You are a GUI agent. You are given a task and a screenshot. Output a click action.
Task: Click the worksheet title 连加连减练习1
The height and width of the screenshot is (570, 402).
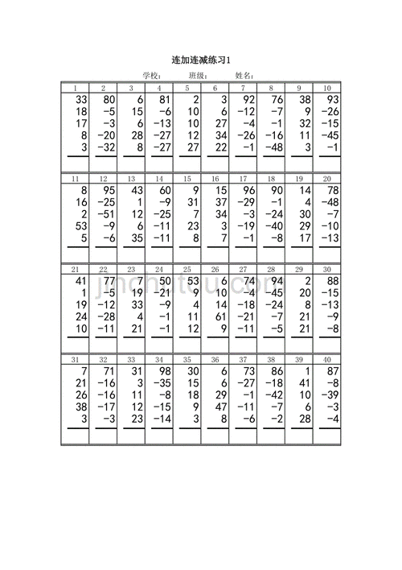coord(201,60)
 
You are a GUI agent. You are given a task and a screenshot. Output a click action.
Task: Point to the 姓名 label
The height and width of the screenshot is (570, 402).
coord(244,76)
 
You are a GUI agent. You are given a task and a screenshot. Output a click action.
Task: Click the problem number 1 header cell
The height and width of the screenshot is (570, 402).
coord(75,88)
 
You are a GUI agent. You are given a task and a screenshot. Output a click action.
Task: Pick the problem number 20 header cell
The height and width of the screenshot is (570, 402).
coord(327,179)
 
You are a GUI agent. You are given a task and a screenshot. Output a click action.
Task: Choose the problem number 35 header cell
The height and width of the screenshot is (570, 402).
coord(187,360)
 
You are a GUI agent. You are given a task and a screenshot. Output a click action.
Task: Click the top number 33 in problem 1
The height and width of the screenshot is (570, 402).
coord(79,99)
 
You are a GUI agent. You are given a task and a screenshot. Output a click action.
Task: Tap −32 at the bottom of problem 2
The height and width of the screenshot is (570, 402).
coord(105,148)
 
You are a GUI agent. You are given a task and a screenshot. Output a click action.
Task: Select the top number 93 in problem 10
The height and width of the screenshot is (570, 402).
coord(331,99)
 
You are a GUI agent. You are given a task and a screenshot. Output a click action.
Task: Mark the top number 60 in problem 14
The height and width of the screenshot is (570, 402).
coord(163,190)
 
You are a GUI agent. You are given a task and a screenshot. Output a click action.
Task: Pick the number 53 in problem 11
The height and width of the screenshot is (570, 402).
coord(79,227)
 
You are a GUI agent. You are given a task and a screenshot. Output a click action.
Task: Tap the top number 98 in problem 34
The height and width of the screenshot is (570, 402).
coord(163,370)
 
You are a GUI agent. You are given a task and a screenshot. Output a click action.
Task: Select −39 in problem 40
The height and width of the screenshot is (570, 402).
coord(330,395)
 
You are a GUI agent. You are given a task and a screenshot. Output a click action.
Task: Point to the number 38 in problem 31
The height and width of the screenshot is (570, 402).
coord(79,407)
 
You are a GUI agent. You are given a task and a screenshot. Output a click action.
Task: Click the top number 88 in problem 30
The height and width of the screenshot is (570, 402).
coord(331,280)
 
